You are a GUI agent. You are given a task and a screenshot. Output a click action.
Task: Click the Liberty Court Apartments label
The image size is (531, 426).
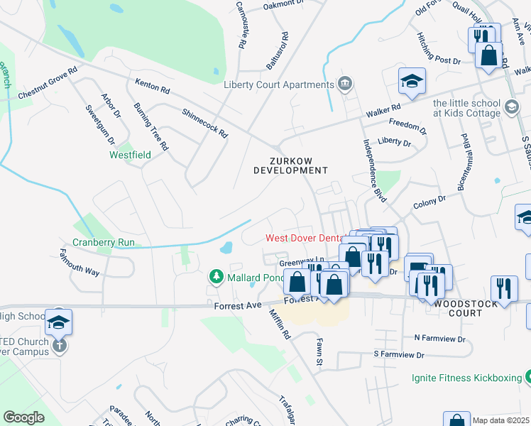pyautogui.click(x=278, y=85)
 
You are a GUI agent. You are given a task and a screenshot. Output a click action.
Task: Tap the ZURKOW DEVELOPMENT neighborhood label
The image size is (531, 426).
pyautogui.click(x=290, y=165)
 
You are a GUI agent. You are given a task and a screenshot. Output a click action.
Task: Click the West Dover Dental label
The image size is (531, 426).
pyautogui.click(x=304, y=239)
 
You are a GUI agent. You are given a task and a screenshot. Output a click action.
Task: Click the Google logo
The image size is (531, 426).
pyautogui.click(x=23, y=417)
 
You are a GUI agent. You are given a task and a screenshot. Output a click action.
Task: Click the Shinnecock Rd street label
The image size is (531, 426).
pyautogui.click(x=204, y=123)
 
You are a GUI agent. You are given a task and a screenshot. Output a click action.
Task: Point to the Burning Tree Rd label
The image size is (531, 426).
pyautogui.click(x=150, y=126)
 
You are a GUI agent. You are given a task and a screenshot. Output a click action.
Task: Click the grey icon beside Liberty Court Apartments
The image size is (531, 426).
pyautogui.click(x=345, y=84)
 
